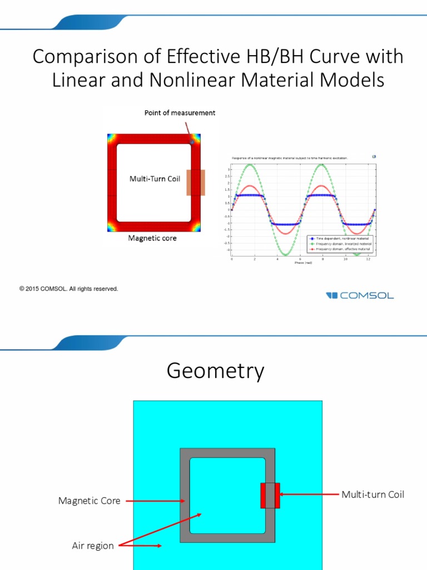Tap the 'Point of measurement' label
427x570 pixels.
point(180,113)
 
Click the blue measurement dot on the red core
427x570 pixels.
point(192,142)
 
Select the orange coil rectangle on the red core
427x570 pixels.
point(196,183)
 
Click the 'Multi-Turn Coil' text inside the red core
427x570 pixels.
point(155,179)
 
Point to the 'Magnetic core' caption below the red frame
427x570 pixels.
point(152,238)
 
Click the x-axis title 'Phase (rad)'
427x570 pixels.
point(303,263)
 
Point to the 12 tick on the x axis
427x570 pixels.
point(368,259)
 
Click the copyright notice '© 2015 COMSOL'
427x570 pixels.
point(68,289)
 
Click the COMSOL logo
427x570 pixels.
point(360,295)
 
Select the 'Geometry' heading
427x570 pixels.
point(215,372)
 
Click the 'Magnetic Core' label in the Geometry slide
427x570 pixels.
point(89,501)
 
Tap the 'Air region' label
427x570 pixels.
point(93,546)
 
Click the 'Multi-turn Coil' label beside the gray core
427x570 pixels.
point(373,494)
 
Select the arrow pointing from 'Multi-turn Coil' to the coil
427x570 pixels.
point(309,494)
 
